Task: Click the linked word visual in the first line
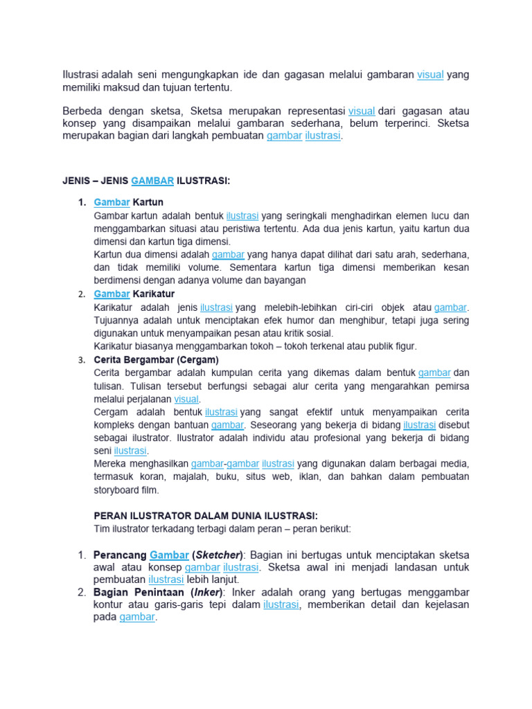(x=430, y=75)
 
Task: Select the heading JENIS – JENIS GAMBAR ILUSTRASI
(x=145, y=181)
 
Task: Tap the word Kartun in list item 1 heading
(x=148, y=202)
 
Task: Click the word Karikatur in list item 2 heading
(x=153, y=294)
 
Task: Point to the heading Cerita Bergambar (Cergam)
(x=156, y=360)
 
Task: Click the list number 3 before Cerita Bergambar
(x=81, y=360)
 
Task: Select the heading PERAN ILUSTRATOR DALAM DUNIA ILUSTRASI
(x=206, y=516)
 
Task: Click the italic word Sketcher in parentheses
(x=219, y=555)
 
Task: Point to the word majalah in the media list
(x=206, y=477)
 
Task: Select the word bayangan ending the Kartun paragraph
(x=283, y=280)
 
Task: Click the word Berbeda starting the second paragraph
(x=82, y=111)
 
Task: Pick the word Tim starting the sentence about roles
(x=102, y=529)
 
